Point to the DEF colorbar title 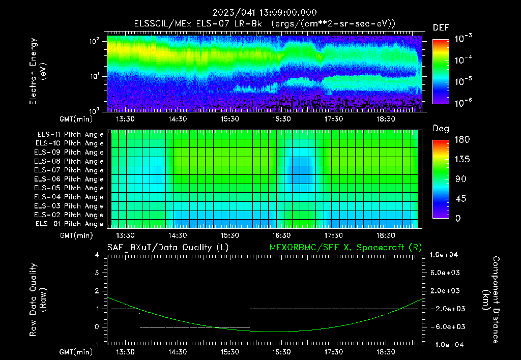pos(441,27)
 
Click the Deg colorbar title pos(441,129)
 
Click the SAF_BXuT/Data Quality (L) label pos(167,247)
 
